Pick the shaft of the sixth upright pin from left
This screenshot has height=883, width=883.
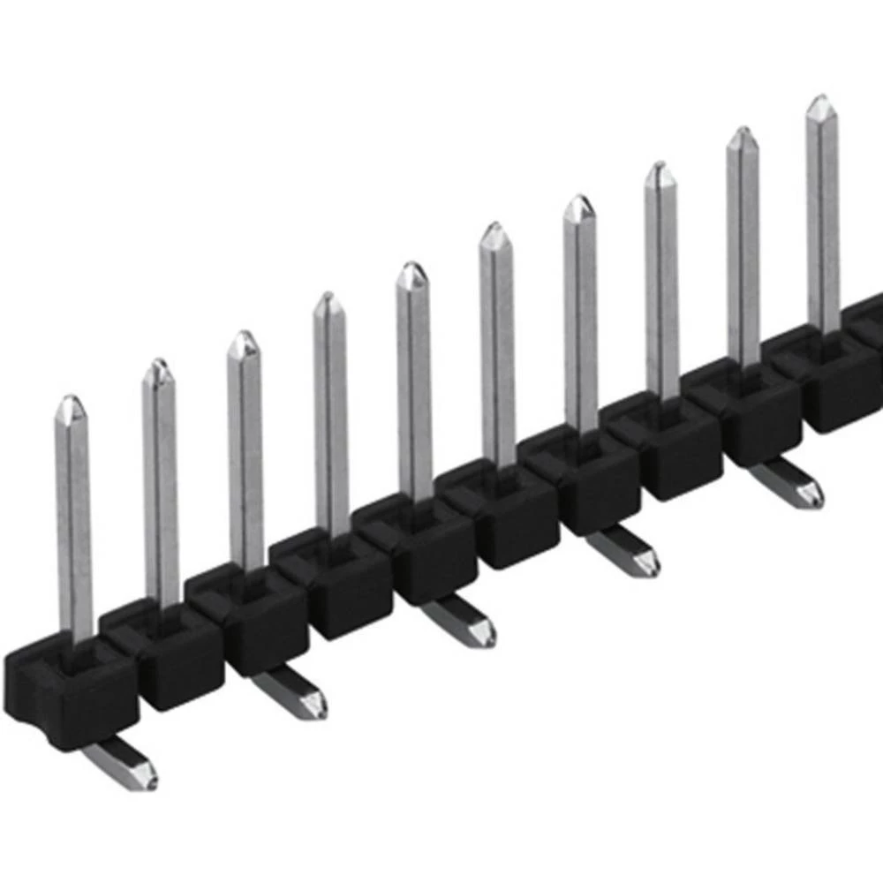click(x=498, y=353)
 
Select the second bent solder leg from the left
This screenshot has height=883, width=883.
click(x=291, y=692)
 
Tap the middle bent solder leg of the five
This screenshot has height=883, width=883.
click(x=460, y=622)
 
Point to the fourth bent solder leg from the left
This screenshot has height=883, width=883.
click(x=625, y=553)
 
